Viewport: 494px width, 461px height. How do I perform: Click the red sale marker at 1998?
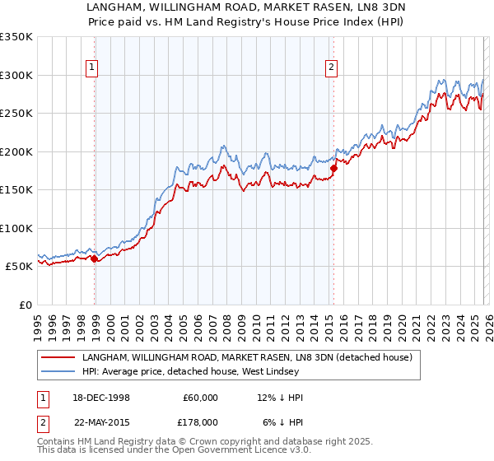click(95, 258)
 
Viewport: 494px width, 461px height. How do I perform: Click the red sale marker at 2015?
click(333, 168)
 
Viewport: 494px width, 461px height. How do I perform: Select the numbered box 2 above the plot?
click(331, 68)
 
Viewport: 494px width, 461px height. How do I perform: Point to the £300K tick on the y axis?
click(16, 75)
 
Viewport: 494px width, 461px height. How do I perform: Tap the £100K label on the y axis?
click(16, 228)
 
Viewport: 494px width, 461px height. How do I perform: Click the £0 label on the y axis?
click(26, 305)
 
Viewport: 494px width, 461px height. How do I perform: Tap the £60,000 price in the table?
click(198, 398)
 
